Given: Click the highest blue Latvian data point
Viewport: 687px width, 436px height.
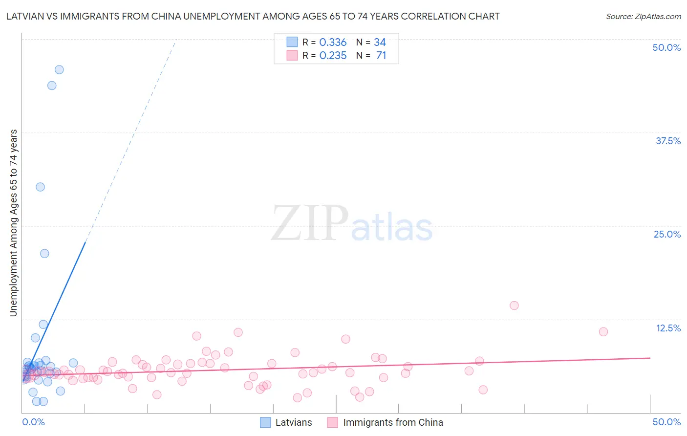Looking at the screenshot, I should [x=59, y=69].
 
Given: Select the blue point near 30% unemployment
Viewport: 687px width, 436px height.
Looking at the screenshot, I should [x=40, y=187].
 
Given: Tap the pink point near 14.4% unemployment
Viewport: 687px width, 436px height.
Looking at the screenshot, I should [x=514, y=305].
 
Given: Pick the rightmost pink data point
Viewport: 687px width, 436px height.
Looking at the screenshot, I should [x=603, y=331].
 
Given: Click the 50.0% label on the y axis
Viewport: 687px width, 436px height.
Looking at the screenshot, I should [x=666, y=47].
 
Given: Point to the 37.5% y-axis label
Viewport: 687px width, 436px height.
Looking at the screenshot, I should [x=668, y=141].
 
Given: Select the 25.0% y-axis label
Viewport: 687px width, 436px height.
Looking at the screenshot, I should [x=667, y=234].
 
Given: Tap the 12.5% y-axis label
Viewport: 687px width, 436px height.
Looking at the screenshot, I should [x=668, y=328].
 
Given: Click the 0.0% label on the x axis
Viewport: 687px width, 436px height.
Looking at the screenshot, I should [x=33, y=422].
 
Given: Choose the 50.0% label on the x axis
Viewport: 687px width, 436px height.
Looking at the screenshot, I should [x=666, y=422].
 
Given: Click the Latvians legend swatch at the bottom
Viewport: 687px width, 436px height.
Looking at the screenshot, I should [x=265, y=422].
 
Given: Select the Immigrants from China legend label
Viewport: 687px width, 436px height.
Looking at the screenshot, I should [x=393, y=422].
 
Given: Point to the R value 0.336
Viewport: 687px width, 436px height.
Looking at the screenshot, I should [x=333, y=43].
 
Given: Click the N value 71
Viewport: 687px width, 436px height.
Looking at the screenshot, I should [x=381, y=56].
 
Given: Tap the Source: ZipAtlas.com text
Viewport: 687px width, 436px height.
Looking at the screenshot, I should [x=643, y=16].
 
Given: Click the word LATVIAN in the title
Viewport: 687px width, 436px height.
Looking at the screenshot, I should [x=24, y=16].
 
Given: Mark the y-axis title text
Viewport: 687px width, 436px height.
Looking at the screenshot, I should [x=14, y=223].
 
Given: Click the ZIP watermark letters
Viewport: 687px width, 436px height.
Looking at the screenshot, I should [x=309, y=224].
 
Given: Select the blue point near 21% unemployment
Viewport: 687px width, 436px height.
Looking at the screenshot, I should [x=44, y=253].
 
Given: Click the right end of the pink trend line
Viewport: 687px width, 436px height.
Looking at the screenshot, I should [x=650, y=358].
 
